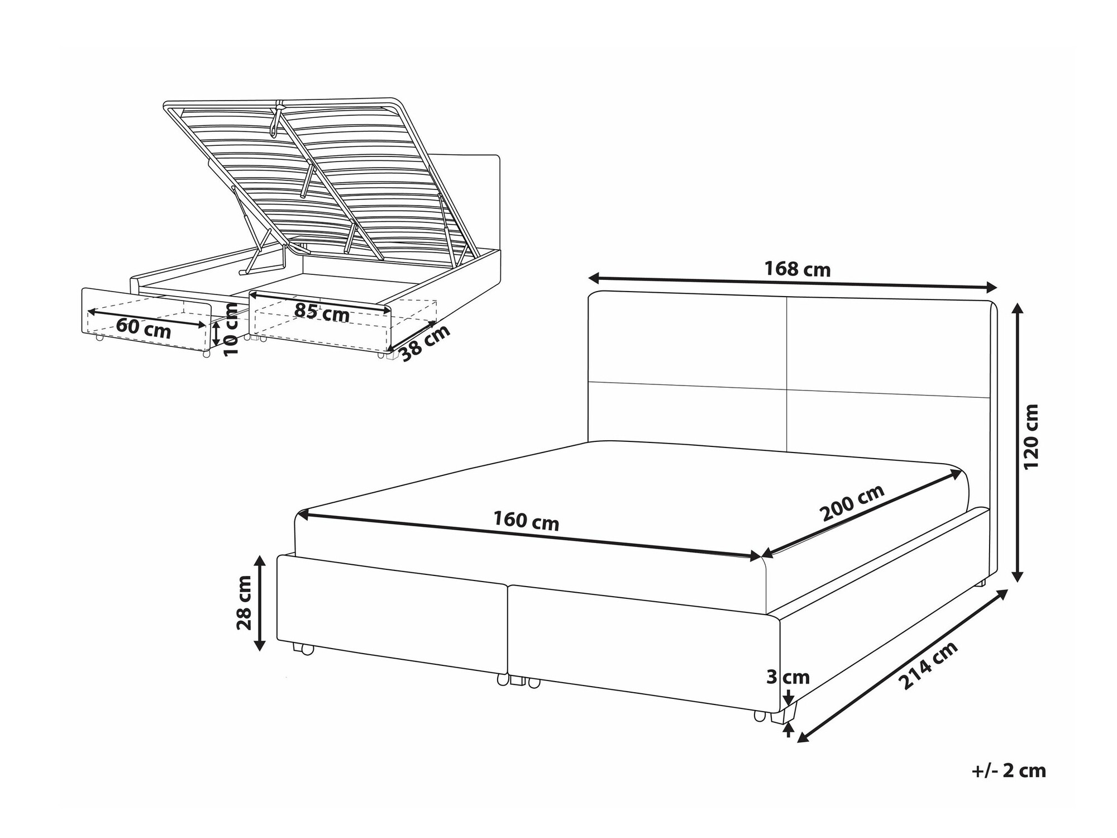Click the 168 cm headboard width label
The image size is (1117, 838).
(x=797, y=269)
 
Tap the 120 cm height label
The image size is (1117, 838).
(x=1031, y=436)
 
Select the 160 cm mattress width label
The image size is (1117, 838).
(x=526, y=521)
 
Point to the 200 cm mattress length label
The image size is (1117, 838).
(x=852, y=503)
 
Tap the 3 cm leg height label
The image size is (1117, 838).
(x=787, y=677)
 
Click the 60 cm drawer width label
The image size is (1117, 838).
(x=144, y=328)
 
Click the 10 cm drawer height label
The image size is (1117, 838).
(x=231, y=330)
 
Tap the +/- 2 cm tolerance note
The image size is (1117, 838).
(x=1009, y=771)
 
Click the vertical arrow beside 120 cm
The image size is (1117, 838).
(x=1018, y=442)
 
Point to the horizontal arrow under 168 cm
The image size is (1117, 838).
(x=793, y=283)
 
